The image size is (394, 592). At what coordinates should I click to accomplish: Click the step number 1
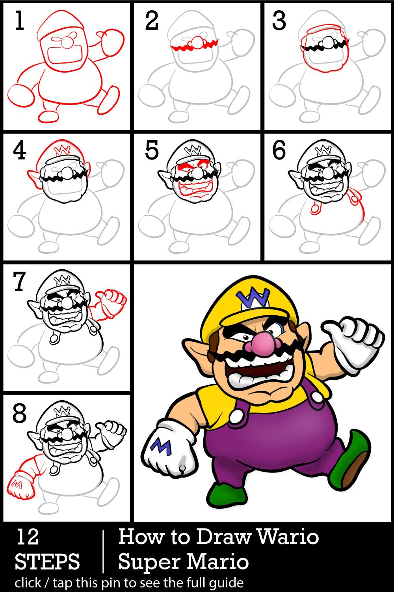pyautogui.click(x=20, y=21)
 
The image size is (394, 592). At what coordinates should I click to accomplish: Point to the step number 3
pyautogui.click(x=279, y=21)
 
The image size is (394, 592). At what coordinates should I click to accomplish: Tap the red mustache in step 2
pyautogui.click(x=195, y=45)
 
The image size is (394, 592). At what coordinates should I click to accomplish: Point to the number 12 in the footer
pyautogui.click(x=28, y=536)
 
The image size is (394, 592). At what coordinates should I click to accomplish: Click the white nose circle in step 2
pyautogui.click(x=196, y=42)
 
